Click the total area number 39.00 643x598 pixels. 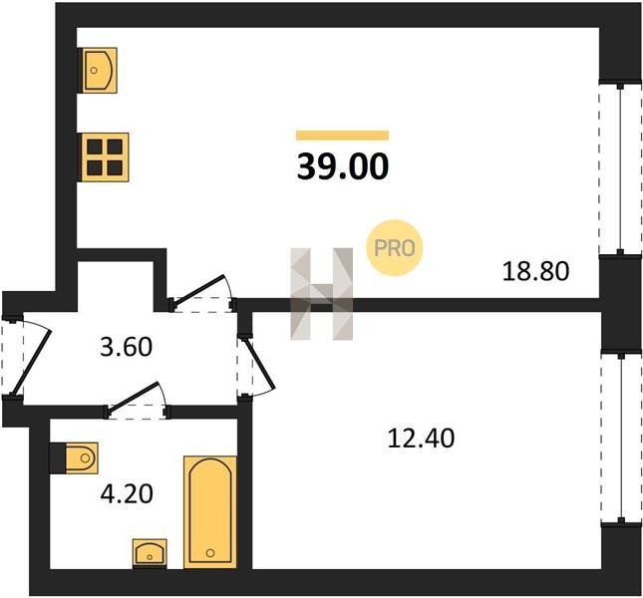[342, 166]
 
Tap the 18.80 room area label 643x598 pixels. [536, 271]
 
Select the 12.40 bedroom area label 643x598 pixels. [421, 438]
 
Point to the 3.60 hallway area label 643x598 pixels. [127, 346]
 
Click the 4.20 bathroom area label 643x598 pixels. [127, 493]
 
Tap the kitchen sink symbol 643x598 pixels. [100, 70]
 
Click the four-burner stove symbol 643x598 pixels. [105, 157]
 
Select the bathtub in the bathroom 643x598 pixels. [210, 512]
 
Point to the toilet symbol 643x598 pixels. [75, 457]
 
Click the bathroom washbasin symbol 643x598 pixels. [150, 553]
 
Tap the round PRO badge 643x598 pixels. [394, 247]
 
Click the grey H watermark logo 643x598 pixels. [321, 294]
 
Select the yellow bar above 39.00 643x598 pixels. [342, 136]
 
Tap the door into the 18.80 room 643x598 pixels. [201, 292]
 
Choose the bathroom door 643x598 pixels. [137, 400]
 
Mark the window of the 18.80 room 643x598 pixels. [620, 168]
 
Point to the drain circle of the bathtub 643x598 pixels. [210, 553]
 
